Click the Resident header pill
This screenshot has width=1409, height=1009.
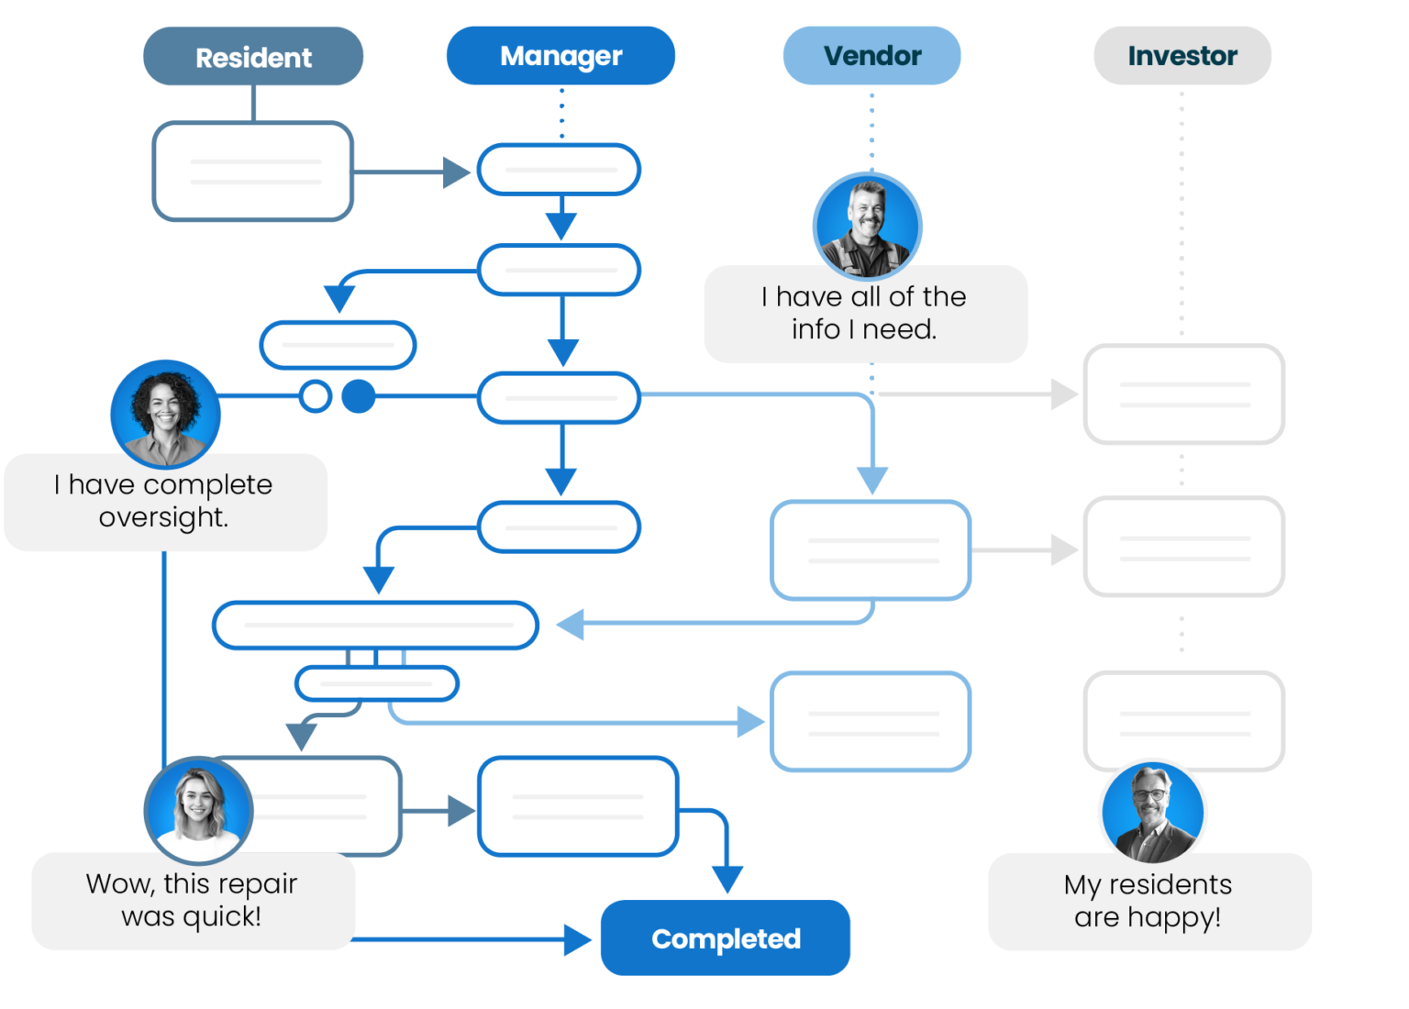tap(253, 57)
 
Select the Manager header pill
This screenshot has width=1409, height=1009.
tap(560, 56)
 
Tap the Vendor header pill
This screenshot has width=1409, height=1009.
tap(871, 56)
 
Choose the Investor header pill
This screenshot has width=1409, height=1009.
tap(1182, 56)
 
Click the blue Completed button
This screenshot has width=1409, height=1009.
tap(725, 937)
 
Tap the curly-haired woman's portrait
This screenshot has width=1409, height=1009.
tap(165, 413)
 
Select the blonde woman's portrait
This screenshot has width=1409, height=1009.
tap(198, 810)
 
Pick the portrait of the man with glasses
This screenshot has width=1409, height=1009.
tap(1152, 812)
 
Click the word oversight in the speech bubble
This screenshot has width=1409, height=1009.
tap(162, 517)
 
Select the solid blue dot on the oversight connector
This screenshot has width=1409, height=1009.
tap(359, 396)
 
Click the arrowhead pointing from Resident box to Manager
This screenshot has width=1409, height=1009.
tap(456, 172)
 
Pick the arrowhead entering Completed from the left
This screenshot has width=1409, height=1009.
tap(577, 939)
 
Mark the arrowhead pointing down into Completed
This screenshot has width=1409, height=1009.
tap(727, 879)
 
